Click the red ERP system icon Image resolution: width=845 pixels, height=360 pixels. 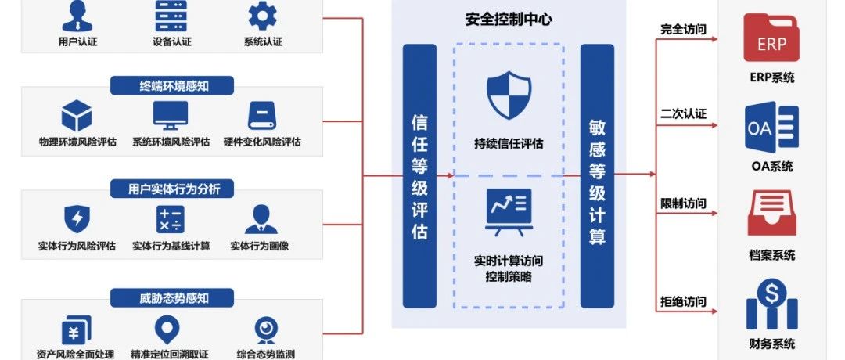(771, 40)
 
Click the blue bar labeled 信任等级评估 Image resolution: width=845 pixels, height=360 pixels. (419, 176)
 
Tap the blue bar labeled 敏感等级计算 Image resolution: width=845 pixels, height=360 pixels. (597, 176)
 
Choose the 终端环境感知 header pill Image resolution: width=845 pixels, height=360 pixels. (171, 86)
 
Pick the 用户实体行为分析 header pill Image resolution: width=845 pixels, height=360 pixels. (171, 189)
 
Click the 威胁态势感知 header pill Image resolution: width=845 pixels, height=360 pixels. (171, 297)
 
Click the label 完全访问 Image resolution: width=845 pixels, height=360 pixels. (683, 30)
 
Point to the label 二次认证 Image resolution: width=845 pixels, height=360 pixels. (683, 114)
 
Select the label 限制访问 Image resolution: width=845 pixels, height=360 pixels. (683, 203)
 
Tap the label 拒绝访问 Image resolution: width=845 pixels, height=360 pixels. (683, 301)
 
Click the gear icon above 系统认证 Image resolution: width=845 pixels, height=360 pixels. (263, 16)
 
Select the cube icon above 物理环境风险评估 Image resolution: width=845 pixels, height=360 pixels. (77, 116)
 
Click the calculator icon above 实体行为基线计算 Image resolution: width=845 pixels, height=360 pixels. (170, 220)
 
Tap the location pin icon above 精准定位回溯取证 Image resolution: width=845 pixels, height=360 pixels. (167, 329)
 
